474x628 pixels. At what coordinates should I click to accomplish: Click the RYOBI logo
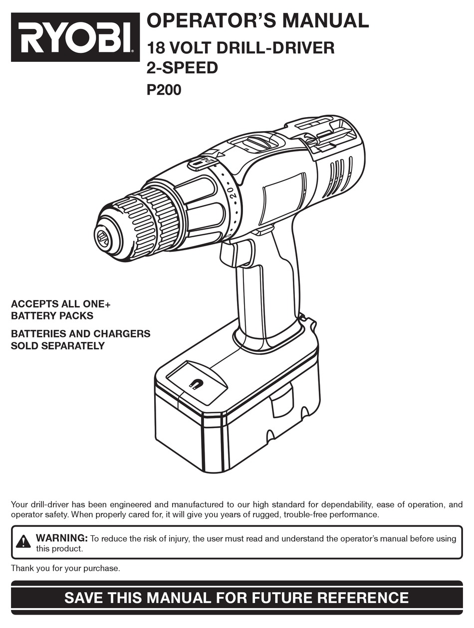pyautogui.click(x=75, y=37)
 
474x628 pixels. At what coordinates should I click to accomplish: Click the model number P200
pyautogui.click(x=164, y=90)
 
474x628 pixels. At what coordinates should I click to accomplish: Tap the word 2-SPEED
pyautogui.click(x=182, y=68)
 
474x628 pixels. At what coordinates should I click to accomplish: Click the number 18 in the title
pyautogui.click(x=156, y=47)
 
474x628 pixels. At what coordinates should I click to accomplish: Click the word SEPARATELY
pyautogui.click(x=73, y=345)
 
